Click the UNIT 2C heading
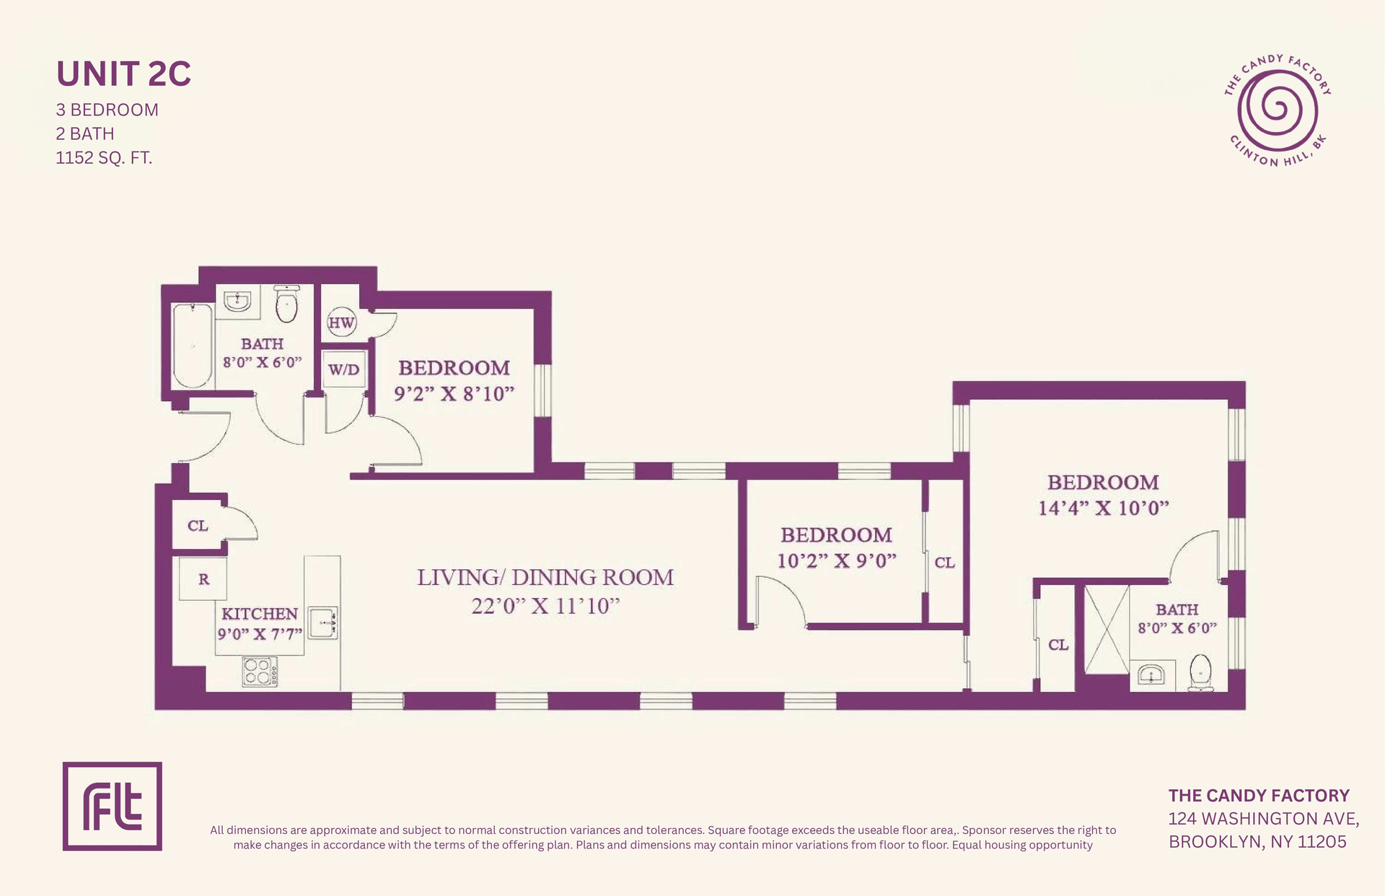(x=123, y=74)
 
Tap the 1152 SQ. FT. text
(x=104, y=157)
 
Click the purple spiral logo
(x=1278, y=111)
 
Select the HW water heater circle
(x=341, y=322)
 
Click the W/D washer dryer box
(x=343, y=369)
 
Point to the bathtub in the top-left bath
(x=193, y=346)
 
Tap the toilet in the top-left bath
(x=286, y=304)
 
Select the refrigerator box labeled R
(x=203, y=579)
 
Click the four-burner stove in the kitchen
(x=260, y=672)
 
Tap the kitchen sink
(x=323, y=623)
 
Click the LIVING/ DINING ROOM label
(x=545, y=577)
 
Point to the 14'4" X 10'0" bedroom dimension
(x=1103, y=508)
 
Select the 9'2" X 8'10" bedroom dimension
(x=454, y=394)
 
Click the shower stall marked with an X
(x=1107, y=630)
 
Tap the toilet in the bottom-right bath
(x=1200, y=672)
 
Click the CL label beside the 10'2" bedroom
(x=944, y=562)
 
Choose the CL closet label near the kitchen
(x=198, y=525)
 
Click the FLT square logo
(x=113, y=806)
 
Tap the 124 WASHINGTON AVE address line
(x=1264, y=819)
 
